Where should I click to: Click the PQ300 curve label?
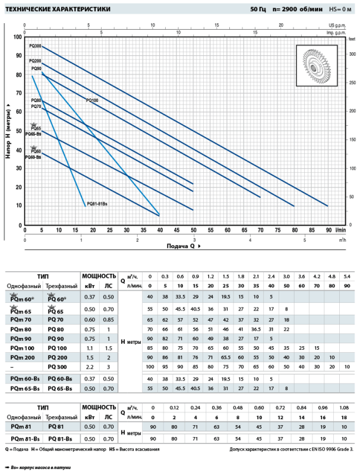(34, 46)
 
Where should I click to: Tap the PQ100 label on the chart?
(92, 100)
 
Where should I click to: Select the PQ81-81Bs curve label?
(97, 204)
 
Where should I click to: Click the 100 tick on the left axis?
(18, 37)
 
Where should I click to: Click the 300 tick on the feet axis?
(352, 54)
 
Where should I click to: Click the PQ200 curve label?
(34, 61)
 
